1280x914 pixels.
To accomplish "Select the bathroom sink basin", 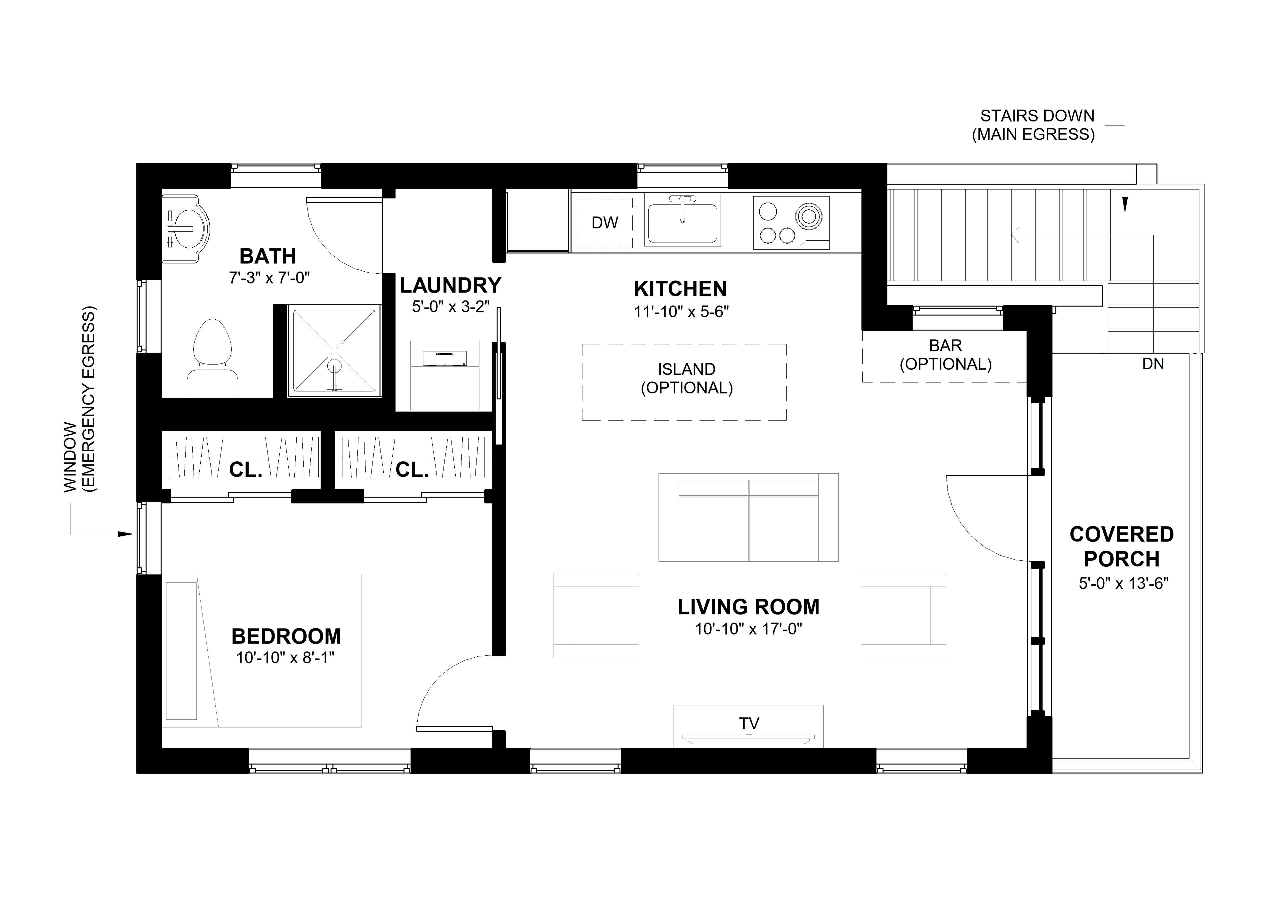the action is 186,229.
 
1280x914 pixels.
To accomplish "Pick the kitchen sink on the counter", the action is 682,220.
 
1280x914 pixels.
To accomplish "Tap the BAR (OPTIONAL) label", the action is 946,355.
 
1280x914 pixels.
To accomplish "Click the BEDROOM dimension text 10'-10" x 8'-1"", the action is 285,658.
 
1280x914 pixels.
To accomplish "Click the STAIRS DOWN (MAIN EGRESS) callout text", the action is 1033,125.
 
